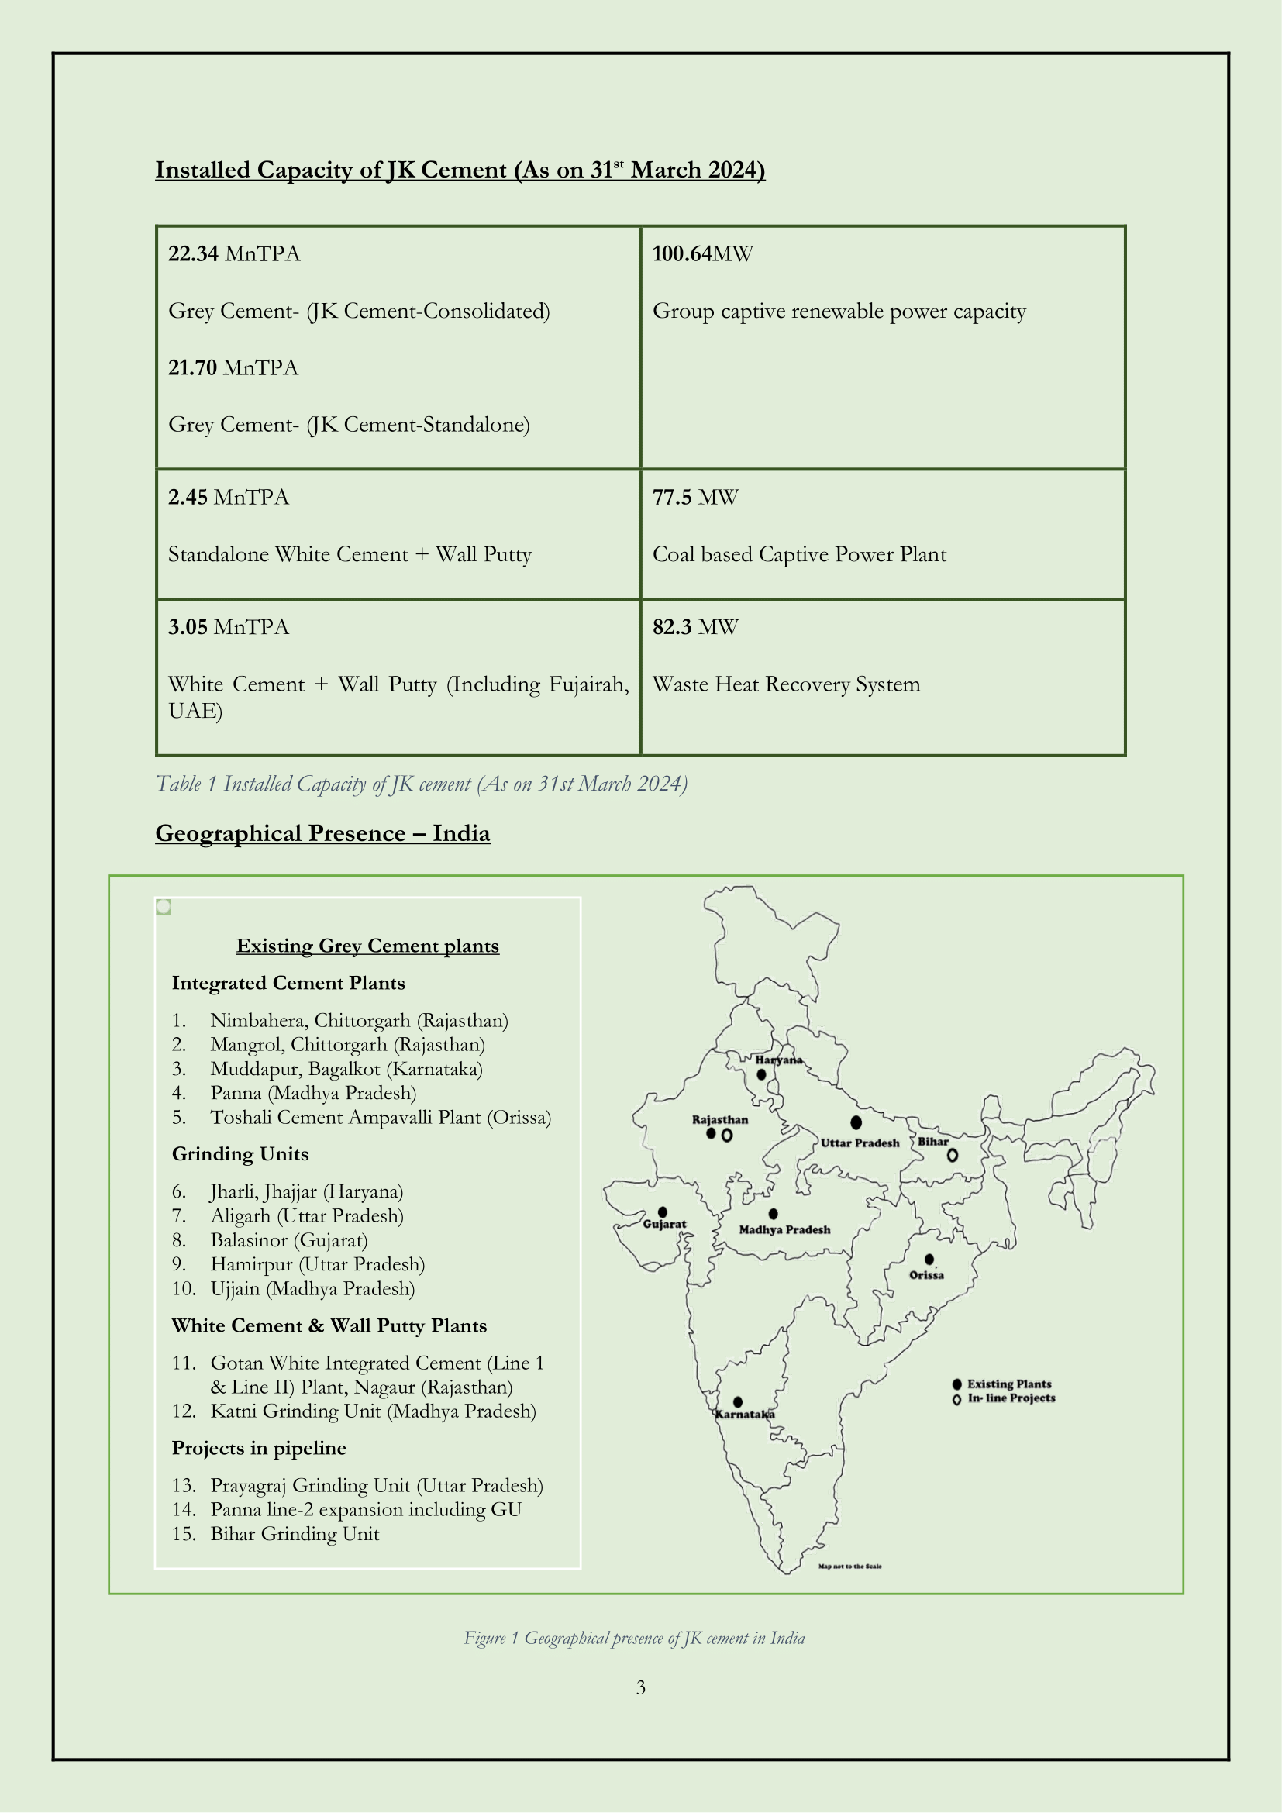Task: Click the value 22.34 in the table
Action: [194, 253]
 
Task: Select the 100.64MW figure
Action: [701, 253]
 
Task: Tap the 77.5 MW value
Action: [694, 498]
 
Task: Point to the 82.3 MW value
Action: [694, 627]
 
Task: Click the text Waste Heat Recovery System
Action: [786, 684]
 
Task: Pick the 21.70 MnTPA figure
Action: [233, 368]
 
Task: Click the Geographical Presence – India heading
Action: [322, 834]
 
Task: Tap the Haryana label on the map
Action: [778, 1060]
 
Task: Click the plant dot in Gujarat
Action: [662, 1212]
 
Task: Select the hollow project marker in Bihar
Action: [953, 1155]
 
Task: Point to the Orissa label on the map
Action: [926, 1275]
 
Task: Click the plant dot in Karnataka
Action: [737, 1401]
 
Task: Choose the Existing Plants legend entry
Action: [1008, 1384]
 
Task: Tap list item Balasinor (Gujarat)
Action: [289, 1240]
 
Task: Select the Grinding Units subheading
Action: [240, 1154]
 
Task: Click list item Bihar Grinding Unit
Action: [295, 1534]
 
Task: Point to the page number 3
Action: [641, 1688]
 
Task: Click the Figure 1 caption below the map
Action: [634, 1639]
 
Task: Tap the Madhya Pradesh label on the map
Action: [784, 1229]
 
